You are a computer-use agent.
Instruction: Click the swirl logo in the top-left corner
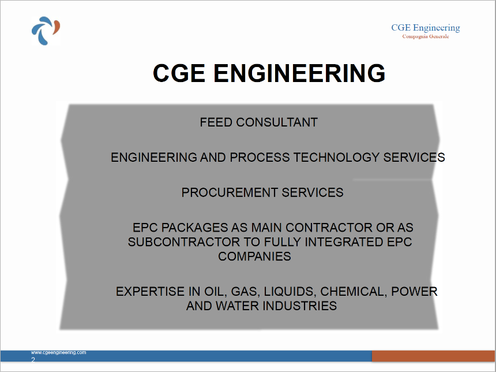(x=46, y=31)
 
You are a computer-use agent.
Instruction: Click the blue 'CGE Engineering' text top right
(x=426, y=28)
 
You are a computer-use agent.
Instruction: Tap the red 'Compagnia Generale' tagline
(x=426, y=36)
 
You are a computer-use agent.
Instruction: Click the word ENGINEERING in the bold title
(x=299, y=73)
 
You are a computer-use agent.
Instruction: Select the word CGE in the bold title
(x=179, y=73)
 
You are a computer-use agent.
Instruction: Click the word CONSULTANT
(x=277, y=122)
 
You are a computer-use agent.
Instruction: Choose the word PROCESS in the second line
(x=260, y=158)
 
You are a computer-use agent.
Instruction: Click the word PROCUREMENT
(x=230, y=193)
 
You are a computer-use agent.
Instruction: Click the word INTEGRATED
(x=344, y=242)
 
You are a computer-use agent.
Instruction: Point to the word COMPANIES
(x=254, y=256)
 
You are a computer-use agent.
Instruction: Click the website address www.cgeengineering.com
(x=58, y=352)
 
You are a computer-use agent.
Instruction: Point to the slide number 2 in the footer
(x=33, y=359)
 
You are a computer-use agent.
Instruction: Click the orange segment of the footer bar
(x=434, y=356)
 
